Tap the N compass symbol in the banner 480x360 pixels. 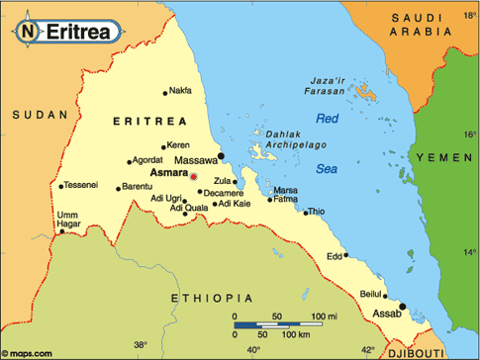(30, 32)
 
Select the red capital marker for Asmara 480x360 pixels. (194, 176)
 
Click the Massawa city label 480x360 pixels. (196, 159)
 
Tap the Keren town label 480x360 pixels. (178, 144)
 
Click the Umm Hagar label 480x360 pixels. (41, 221)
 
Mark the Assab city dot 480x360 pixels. (402, 306)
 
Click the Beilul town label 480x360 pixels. (369, 294)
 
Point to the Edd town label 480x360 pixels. (334, 256)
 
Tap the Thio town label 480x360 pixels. (316, 212)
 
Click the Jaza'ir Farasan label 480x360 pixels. (307, 84)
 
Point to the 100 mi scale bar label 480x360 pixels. (325, 315)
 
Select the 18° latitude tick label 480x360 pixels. (469, 18)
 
